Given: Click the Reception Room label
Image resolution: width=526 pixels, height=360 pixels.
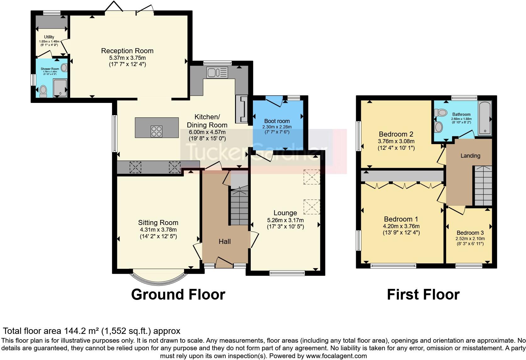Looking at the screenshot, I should pyautogui.click(x=127, y=51).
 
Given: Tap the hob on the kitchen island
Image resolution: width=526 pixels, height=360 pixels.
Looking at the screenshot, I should pyautogui.click(x=157, y=131).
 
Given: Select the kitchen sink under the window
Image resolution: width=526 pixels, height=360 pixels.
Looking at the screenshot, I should pyautogui.click(x=217, y=73).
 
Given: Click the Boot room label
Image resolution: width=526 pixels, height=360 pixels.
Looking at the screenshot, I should pyautogui.click(x=277, y=121).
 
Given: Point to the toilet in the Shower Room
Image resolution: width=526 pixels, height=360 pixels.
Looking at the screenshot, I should pyautogui.click(x=43, y=91).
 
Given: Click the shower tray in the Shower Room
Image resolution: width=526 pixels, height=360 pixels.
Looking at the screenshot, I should pyautogui.click(x=60, y=88).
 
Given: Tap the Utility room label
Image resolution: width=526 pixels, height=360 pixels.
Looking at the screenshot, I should pyautogui.click(x=49, y=37).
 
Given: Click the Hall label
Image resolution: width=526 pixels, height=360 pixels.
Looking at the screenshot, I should pyautogui.click(x=225, y=241).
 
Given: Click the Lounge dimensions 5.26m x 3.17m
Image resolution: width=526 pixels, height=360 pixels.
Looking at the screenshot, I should pyautogui.click(x=285, y=220).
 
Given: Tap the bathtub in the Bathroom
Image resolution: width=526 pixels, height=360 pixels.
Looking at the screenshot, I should pyautogui.click(x=484, y=118).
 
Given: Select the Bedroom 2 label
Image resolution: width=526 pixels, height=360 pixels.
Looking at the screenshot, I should pyautogui.click(x=396, y=134).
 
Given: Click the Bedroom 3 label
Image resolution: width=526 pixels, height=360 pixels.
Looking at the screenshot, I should pyautogui.click(x=470, y=233).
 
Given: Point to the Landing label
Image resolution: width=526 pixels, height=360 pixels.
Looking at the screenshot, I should pyautogui.click(x=470, y=155).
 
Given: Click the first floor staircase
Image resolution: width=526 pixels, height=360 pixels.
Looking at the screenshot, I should pyautogui.click(x=483, y=186).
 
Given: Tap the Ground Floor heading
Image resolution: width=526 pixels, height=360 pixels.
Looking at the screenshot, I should pyautogui.click(x=178, y=295).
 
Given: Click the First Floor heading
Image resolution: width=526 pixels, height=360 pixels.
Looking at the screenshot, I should pyautogui.click(x=423, y=295).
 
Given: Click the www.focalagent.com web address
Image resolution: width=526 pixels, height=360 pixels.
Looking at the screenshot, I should pyautogui.click(x=336, y=356).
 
